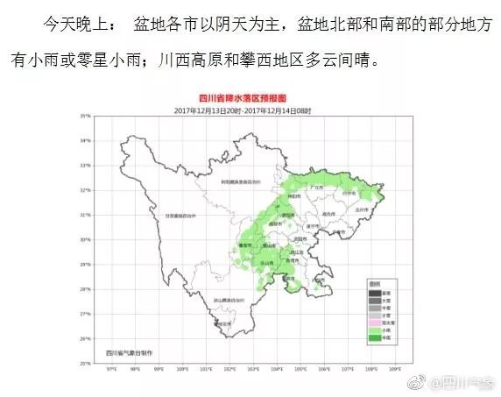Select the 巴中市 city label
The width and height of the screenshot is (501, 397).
[x=349, y=193]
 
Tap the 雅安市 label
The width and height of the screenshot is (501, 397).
[x=246, y=246]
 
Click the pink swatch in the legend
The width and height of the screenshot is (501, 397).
[x=374, y=323]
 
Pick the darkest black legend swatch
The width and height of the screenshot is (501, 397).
[x=374, y=293]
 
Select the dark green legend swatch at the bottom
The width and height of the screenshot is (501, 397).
[x=374, y=338]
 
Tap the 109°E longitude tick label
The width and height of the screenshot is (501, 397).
[x=395, y=369]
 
